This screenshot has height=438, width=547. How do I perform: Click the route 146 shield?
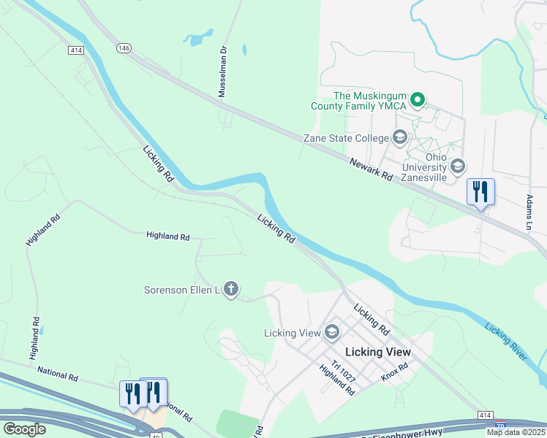pos(123,47)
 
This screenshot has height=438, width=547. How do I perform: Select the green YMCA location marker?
pos(417,100)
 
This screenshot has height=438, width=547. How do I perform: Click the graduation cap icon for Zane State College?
pos(399,137)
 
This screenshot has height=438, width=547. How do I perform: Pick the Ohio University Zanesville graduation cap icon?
pos(458,166)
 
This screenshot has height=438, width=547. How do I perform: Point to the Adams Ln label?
pos(529,212)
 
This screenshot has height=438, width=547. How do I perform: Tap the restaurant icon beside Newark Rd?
pos(480,192)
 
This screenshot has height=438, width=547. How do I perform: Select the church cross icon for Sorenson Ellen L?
pos(231,290)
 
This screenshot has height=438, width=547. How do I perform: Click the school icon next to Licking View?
pos(331,333)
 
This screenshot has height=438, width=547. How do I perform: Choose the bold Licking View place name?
pos(377,352)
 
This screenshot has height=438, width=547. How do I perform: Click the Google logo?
pos(24,429)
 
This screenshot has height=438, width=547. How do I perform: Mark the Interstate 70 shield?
pos(499,423)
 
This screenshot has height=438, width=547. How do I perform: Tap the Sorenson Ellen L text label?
pos(182,291)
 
